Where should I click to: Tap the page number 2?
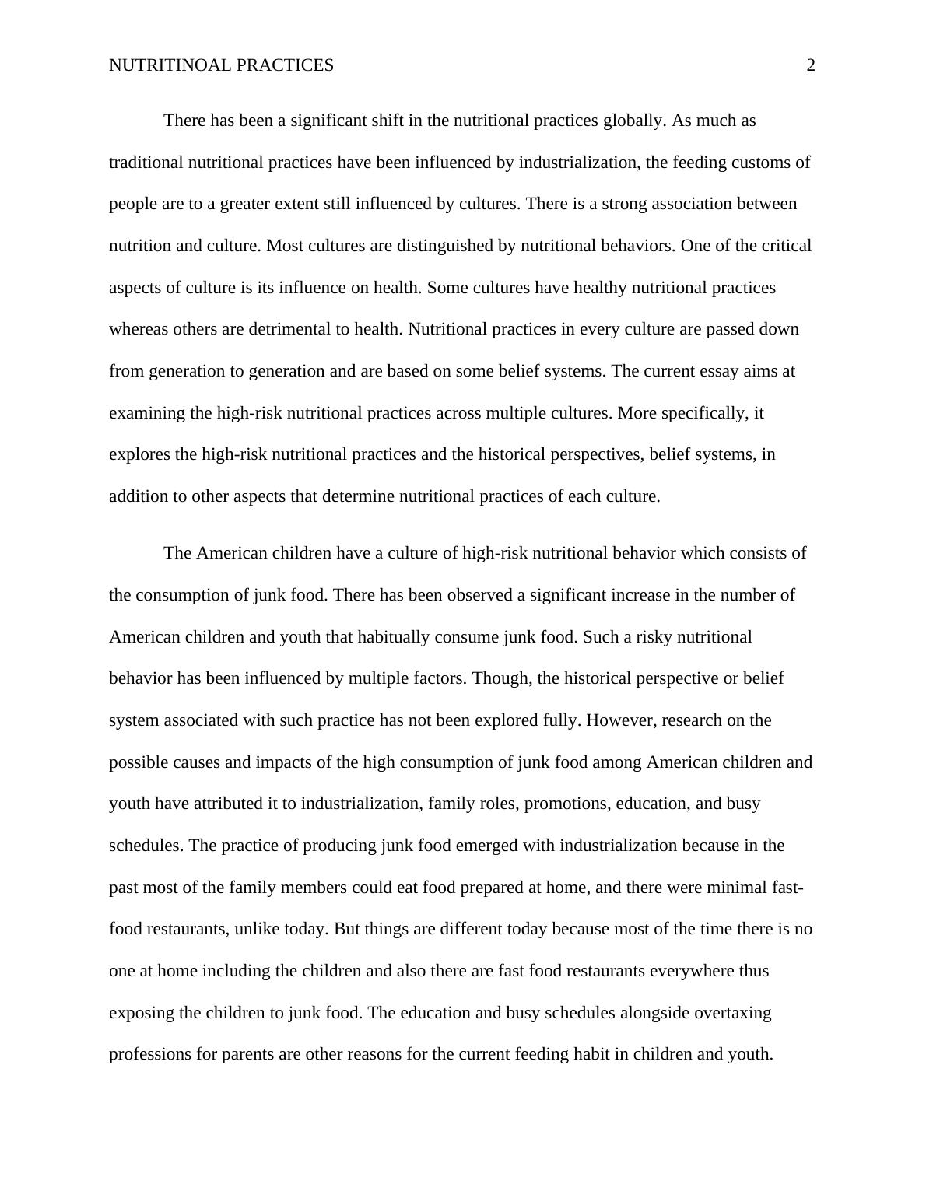point(811,65)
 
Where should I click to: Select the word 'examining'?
point(147,413)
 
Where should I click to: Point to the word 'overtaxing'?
point(733,1013)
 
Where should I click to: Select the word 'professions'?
point(150,1055)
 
